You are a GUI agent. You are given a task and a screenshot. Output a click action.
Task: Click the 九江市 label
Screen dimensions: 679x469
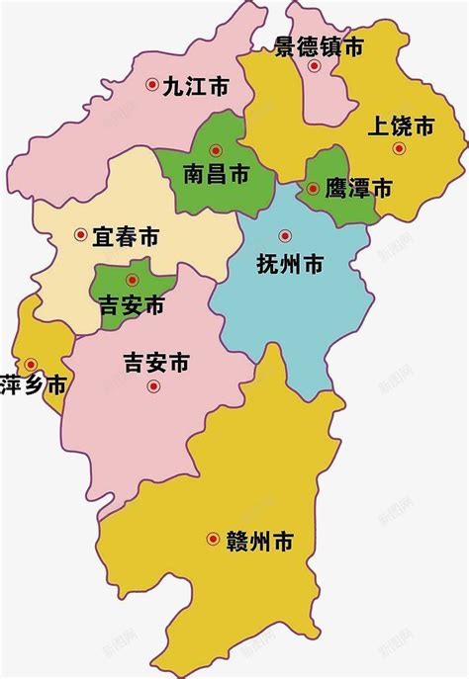pos(195,87)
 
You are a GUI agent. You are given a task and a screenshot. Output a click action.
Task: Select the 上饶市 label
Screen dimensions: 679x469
pos(401,127)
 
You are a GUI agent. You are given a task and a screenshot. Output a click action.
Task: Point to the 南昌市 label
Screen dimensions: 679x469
pos(216,175)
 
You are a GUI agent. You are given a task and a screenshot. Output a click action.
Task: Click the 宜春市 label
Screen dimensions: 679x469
pos(126,236)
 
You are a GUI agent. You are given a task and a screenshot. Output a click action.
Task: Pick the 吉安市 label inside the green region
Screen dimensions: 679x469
pos(132,305)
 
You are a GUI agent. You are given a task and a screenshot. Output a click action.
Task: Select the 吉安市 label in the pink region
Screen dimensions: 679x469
pos(155,363)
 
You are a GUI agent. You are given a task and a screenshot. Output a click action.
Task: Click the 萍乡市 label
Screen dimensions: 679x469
pos(33,385)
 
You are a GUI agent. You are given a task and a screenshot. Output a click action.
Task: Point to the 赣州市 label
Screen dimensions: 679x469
pos(260,541)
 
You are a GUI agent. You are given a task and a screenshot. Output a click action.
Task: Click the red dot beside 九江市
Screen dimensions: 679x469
pos(152,86)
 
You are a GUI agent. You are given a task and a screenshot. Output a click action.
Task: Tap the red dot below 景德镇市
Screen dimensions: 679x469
pos(314,67)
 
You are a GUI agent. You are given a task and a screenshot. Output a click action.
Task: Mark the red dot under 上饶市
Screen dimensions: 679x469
pos(399,148)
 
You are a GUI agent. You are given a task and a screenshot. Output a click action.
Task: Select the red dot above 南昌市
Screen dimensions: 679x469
pos(216,151)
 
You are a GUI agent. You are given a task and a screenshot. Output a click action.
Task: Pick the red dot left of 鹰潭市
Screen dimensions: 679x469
pos(313,188)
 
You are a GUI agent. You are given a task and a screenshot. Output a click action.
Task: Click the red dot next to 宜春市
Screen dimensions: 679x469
pos(81,235)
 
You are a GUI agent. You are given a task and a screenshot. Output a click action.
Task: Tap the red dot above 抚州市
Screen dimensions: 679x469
pos(285,235)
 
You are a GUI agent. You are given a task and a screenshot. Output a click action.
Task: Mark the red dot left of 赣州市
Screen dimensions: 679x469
pos(213,539)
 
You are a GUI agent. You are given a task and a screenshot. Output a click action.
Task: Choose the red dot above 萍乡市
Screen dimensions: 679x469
pos(32,364)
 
